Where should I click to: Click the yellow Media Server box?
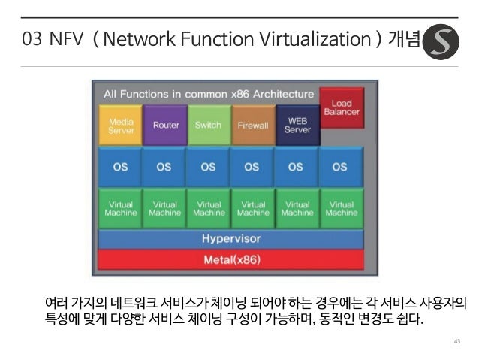pos(121,125)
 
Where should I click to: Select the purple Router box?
pos(165,125)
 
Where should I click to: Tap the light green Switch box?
pos(209,125)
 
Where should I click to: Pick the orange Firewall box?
pos(253,125)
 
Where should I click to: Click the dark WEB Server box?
pos(297,125)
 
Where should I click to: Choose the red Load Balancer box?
pos(342,107)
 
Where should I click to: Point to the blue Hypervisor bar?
pos(231,239)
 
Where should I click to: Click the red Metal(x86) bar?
pos(231,260)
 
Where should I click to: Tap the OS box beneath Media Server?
pos(120,167)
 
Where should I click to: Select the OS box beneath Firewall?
pos(253,167)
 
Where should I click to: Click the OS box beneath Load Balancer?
pos(341,167)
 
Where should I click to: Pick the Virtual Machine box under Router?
pos(165,208)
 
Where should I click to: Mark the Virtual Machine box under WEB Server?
pos(297,208)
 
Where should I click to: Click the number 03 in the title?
pos(32,40)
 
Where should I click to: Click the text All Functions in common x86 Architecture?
pos(209,95)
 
